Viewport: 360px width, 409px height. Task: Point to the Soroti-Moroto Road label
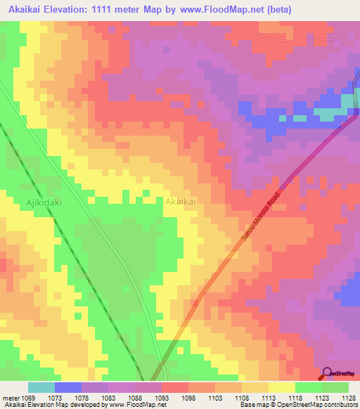click(x=261, y=218)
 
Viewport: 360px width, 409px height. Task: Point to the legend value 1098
click(x=189, y=398)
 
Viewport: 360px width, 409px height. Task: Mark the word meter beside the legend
click(x=10, y=398)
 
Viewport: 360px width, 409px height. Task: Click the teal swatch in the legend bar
click(x=41, y=387)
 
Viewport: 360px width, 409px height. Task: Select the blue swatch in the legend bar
click(x=68, y=387)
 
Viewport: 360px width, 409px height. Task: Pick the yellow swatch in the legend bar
click(x=282, y=387)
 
